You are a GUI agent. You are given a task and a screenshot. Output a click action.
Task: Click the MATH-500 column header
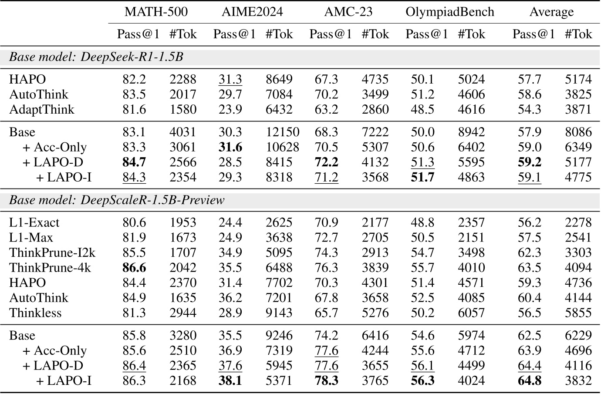pos(156,12)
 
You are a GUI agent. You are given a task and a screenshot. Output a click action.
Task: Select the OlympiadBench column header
pos(450,12)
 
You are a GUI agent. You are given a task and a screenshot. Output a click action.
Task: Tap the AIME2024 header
pos(252,12)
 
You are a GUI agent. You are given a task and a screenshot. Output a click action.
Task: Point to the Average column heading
pos(551,12)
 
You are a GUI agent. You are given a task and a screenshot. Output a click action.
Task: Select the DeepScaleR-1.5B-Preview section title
pos(117,200)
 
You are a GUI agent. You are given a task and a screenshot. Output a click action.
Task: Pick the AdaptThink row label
pos(42,109)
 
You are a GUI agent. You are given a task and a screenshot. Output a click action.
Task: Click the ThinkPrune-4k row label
pos(50,267)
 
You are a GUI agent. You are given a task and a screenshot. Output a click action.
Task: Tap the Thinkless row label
pos(35,313)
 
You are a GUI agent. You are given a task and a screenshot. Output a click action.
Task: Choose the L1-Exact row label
pos(34,222)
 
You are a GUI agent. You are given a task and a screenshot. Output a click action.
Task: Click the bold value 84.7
pos(134,162)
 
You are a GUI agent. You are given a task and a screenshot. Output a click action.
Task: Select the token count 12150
pos(282,132)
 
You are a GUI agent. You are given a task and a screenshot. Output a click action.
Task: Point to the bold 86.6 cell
pos(134,267)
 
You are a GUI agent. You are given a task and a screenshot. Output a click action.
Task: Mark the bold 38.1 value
pos(230,381)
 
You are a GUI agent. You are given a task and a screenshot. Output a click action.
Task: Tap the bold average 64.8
pos(530,381)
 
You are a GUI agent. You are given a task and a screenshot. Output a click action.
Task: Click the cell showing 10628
pos(282,147)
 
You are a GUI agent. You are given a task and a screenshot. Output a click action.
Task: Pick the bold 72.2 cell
pos(327,162)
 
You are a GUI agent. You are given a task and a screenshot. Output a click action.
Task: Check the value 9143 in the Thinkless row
pos(279,313)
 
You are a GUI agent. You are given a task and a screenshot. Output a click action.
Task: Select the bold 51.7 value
pos(423,177)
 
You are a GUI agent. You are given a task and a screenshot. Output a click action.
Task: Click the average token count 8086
pos(578,132)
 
